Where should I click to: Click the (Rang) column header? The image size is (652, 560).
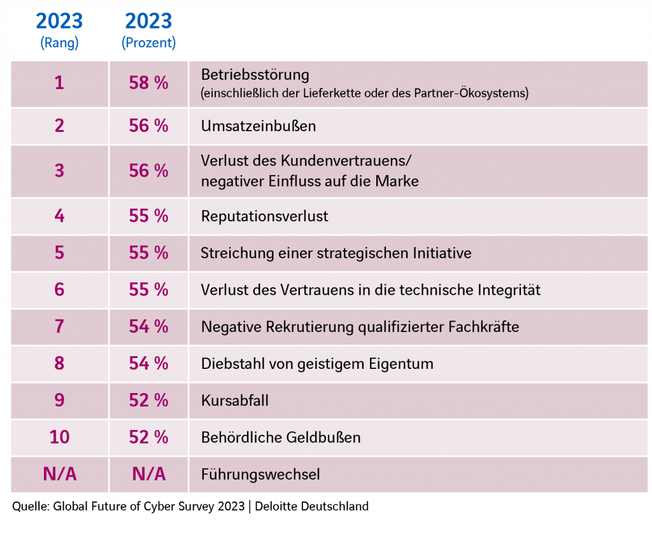[59, 43]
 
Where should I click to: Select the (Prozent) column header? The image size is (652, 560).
[148, 43]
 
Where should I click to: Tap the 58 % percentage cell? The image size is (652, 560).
[148, 83]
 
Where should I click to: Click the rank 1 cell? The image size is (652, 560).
[59, 83]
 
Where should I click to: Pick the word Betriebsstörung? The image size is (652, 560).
[255, 75]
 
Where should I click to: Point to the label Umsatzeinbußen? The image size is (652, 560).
[258, 126]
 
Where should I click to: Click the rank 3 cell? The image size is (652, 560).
[59, 171]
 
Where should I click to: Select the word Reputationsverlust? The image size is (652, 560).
[264, 217]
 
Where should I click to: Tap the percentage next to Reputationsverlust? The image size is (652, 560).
[148, 217]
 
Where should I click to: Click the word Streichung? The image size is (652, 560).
[230, 253]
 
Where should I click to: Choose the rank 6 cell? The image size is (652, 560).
[59, 290]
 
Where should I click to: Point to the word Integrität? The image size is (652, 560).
[509, 291]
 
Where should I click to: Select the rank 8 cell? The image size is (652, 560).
[59, 364]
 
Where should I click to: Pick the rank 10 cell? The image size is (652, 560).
[59, 437]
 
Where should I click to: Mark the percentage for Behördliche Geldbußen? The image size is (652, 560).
[148, 437]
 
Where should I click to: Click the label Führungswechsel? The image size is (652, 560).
[260, 475]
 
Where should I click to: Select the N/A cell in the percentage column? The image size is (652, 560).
[148, 475]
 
